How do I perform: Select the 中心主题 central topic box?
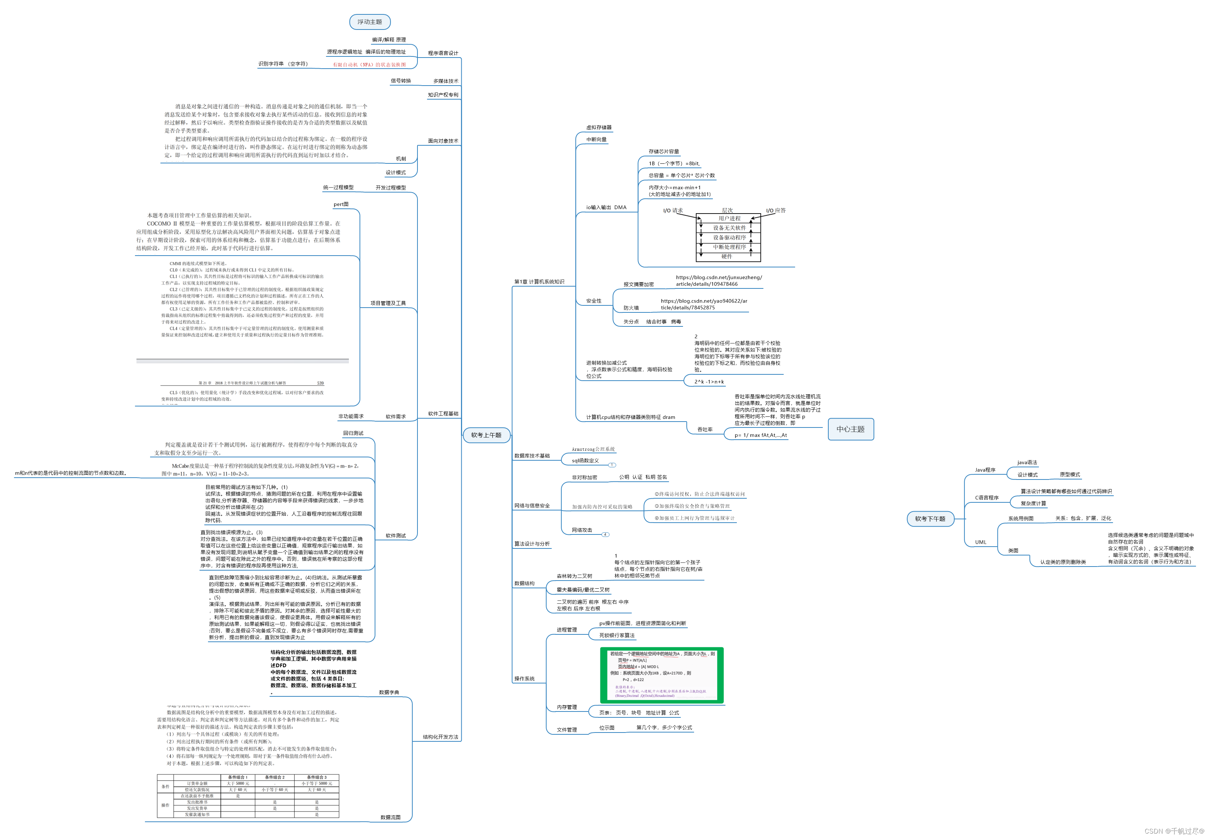point(850,429)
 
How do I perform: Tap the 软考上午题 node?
point(486,435)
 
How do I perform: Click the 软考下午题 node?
point(930,519)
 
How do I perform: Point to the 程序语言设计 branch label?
point(443,53)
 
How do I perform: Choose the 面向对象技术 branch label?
point(443,141)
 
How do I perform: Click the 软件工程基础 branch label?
point(443,414)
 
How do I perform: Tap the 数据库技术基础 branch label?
point(532,456)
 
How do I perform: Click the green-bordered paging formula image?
point(662,675)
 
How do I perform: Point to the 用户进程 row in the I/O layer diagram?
point(729,218)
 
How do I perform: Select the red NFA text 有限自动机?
point(369,65)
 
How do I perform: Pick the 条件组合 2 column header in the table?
point(274,777)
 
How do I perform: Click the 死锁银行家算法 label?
point(617,636)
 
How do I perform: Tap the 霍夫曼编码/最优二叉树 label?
point(583,590)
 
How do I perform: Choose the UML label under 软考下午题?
point(980,543)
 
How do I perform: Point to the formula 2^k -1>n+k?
point(709,382)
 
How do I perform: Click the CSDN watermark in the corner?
point(1174,831)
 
